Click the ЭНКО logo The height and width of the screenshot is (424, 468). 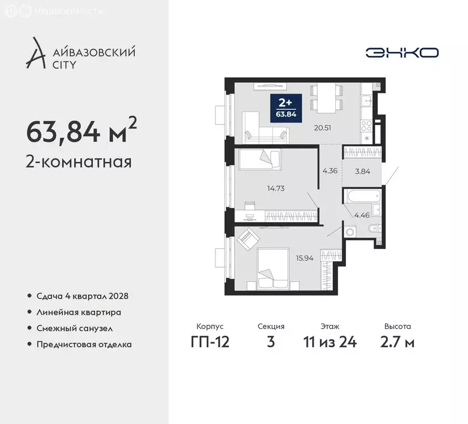click(x=402, y=52)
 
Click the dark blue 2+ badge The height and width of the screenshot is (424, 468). click(x=285, y=107)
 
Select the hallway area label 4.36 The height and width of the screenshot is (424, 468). click(x=330, y=170)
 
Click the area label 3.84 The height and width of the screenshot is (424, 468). click(x=361, y=172)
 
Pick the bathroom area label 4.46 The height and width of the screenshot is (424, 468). click(x=361, y=215)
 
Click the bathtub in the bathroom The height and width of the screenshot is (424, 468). click(x=361, y=196)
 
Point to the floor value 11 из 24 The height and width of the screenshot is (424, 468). click(x=330, y=342)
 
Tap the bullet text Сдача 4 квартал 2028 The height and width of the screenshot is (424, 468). click(x=82, y=296)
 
